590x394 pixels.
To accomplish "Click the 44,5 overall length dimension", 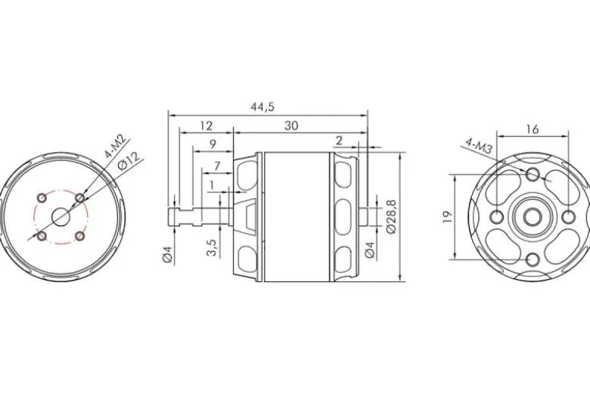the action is pos(262,107).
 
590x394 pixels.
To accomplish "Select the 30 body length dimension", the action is pos(291,126).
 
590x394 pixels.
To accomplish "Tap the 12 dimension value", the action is pos(206,126).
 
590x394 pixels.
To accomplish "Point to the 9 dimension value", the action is pos(213,144).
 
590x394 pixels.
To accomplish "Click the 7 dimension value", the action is pos(217,166).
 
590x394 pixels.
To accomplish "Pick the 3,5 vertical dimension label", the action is pos(213,247).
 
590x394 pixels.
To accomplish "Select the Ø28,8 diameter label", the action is pos(391,216).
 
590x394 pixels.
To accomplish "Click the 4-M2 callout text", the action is pos(116,147).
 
